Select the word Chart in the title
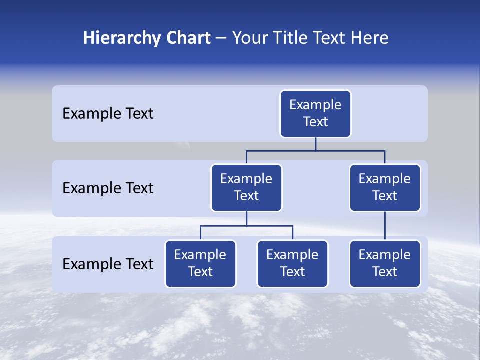click(188, 38)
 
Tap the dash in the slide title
click(221, 38)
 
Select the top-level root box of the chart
click(315, 114)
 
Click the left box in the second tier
click(246, 188)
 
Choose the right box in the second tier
click(385, 188)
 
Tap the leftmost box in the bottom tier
click(200, 264)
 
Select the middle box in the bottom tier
click(292, 264)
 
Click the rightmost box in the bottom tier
click(385, 264)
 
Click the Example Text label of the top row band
click(108, 114)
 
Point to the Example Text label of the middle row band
click(108, 188)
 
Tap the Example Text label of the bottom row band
click(108, 264)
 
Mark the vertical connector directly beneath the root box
click(315, 144)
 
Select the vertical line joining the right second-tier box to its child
click(385, 226)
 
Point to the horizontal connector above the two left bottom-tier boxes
click(246, 226)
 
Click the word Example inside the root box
click(315, 105)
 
